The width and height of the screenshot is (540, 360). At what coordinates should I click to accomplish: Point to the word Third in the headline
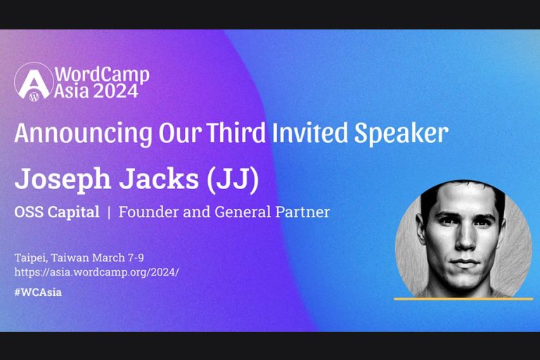point(232,132)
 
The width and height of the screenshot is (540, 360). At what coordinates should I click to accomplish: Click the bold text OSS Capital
point(57,212)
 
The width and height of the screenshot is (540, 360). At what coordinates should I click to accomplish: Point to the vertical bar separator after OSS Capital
point(109,212)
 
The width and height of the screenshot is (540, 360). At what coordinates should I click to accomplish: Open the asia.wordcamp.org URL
point(96,271)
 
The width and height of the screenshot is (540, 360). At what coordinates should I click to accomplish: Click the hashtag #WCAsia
point(38,292)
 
